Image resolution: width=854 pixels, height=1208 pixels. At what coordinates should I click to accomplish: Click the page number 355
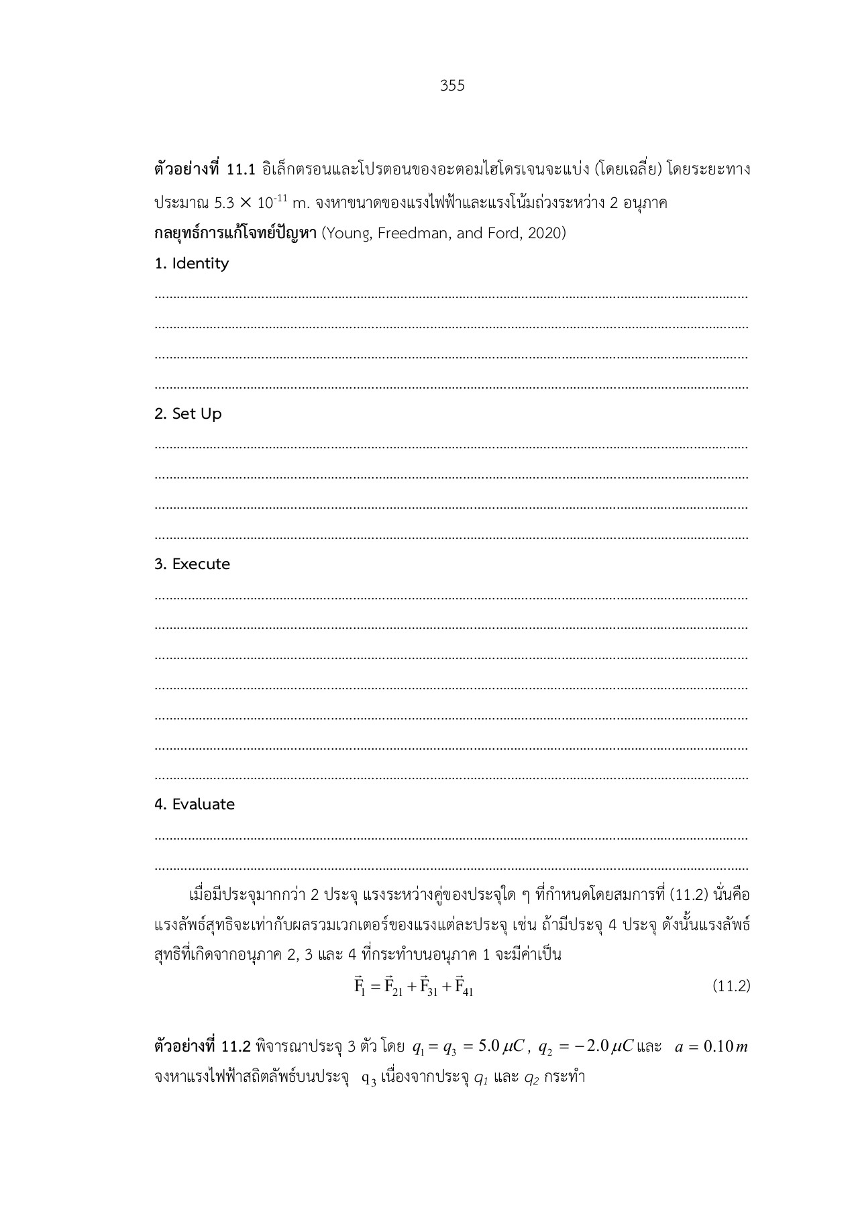452,86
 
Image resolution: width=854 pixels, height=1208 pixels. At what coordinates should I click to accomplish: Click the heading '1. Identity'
191,264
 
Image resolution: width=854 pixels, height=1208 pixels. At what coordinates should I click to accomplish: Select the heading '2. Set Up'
188,414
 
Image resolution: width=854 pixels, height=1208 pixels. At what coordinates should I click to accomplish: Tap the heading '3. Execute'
192,564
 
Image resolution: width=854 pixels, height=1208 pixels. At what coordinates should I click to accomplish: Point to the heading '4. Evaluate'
195,805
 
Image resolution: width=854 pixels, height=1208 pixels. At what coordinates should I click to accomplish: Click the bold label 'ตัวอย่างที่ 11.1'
205,170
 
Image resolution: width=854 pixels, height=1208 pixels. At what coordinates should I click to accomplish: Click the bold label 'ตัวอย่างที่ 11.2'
202,1047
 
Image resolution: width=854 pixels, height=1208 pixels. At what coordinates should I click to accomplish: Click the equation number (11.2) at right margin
730,986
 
